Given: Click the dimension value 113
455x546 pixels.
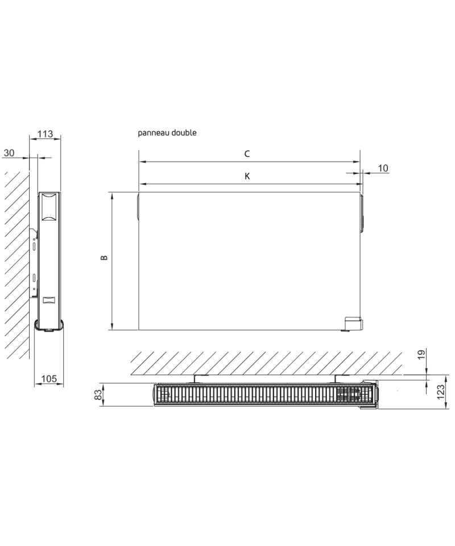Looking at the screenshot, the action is (x=45, y=133).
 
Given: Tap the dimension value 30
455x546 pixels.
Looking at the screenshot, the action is (x=9, y=153).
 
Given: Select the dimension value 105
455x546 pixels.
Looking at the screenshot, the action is (x=49, y=379).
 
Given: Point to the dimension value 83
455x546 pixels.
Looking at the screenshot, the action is (x=98, y=395).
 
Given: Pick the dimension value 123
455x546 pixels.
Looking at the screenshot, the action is (x=441, y=392).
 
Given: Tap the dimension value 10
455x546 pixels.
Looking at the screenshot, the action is (x=383, y=168).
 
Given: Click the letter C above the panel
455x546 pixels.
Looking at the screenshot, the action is (x=247, y=154).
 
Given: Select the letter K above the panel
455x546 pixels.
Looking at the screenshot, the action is (x=247, y=176).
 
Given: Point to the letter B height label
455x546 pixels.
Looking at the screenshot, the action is (x=104, y=258).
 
